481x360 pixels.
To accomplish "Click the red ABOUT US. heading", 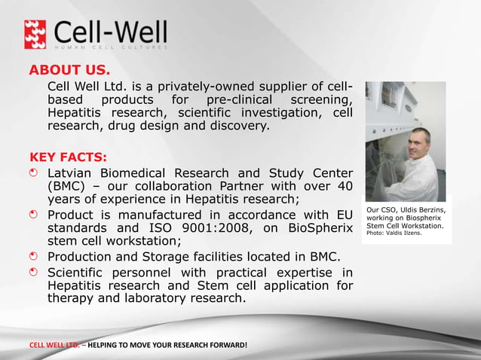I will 69,71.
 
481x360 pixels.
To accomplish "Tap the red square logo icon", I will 36,34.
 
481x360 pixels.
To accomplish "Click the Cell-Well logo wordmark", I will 111,32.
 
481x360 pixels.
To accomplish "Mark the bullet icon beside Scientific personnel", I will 34,271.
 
